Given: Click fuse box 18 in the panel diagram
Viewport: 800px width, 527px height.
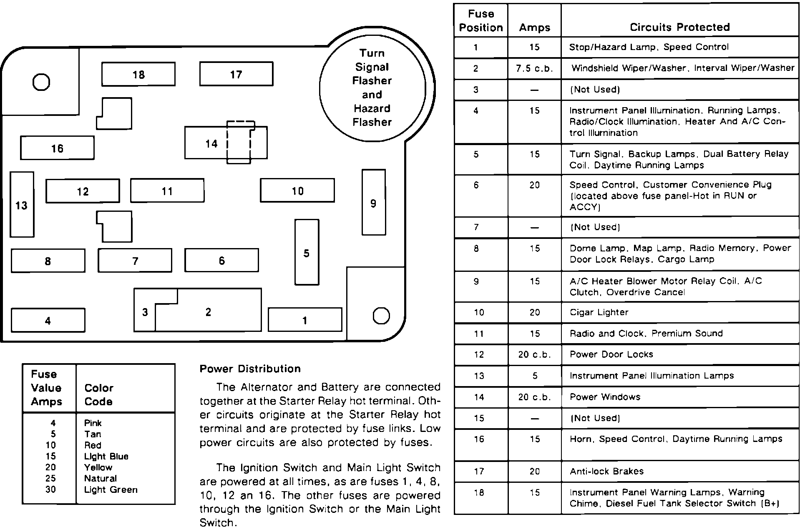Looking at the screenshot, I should (138, 74).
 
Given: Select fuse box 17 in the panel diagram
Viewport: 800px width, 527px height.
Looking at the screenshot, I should (236, 74).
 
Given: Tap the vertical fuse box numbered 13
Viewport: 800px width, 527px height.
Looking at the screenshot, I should (22, 205).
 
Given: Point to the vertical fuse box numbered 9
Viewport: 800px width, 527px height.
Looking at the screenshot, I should (373, 203).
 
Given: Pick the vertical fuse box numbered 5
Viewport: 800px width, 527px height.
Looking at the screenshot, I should (307, 253).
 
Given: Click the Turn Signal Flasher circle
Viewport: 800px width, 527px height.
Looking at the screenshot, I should (372, 88).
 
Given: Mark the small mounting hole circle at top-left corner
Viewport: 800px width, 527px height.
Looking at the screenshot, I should (41, 82).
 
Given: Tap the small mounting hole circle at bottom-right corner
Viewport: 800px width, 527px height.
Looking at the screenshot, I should (381, 316).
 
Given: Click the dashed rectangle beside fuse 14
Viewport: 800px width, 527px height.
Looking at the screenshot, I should (239, 142).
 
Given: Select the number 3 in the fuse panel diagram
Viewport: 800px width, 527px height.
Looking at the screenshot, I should (145, 312).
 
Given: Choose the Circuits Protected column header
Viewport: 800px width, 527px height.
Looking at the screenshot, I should (679, 27).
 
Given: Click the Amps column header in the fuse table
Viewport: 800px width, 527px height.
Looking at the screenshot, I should (534, 28).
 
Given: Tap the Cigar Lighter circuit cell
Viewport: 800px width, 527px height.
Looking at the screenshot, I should (599, 312).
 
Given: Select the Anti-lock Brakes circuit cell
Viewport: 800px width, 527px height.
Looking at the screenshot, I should (606, 472).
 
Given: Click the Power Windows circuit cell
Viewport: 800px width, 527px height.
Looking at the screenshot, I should (605, 397).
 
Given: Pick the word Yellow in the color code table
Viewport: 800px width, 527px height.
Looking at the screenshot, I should (98, 467).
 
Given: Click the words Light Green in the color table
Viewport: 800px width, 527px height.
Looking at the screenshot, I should (111, 490).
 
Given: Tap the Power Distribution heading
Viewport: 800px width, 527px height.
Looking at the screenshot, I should (250, 369).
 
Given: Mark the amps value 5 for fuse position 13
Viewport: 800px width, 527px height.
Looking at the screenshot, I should (534, 376).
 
